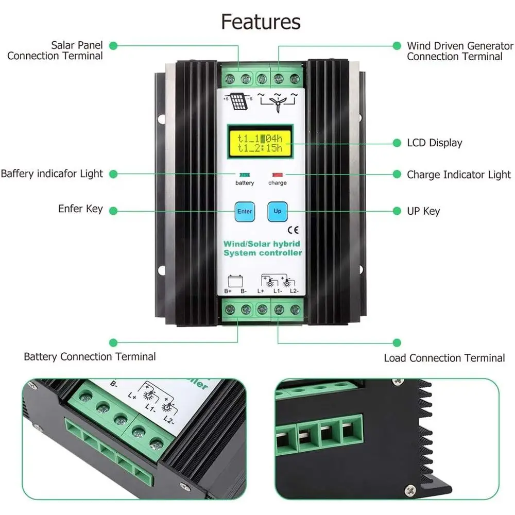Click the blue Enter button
(245, 212)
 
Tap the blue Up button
(278, 211)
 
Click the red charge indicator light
(278, 175)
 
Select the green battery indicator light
(245, 175)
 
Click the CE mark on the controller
(293, 230)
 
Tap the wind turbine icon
(278, 102)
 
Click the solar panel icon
(238, 101)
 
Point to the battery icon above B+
(235, 282)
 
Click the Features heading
(261, 22)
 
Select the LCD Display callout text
(435, 143)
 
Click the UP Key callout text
(423, 211)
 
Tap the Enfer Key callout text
(80, 209)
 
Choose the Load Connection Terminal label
(444, 358)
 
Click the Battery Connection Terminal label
(90, 357)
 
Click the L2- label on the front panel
(294, 291)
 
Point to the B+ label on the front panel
(228, 291)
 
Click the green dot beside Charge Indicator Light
(397, 174)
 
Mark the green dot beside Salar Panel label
(113, 46)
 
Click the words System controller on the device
(263, 253)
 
